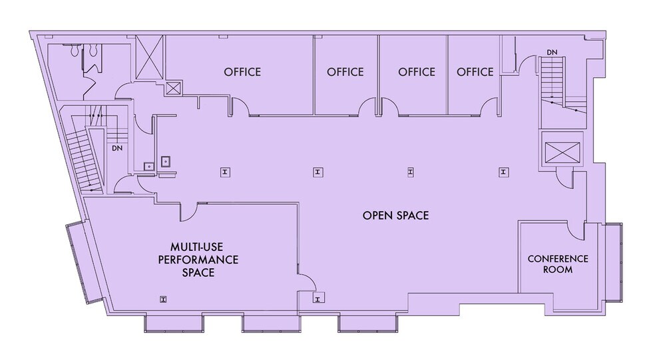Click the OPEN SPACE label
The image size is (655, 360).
click(395, 216)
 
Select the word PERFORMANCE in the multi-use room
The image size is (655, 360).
click(198, 260)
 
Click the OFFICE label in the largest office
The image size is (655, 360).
click(242, 72)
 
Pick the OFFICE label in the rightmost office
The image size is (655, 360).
click(475, 72)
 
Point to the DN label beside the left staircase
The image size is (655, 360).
click(117, 148)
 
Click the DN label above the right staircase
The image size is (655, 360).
click(552, 52)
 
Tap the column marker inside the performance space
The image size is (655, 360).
click(163, 298)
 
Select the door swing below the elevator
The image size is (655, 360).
click(563, 178)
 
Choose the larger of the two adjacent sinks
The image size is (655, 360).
click(164, 160)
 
